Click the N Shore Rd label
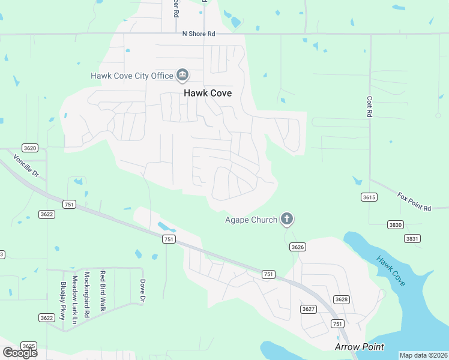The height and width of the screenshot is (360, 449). point(199,34)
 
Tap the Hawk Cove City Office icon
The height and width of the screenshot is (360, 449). point(182,76)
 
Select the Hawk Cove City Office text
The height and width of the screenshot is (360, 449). point(131,76)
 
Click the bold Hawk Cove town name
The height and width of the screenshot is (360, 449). point(208,93)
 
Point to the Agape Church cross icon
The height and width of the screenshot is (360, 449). point(287,220)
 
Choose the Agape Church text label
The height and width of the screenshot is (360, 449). point(251,220)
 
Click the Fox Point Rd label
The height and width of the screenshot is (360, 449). point(414,202)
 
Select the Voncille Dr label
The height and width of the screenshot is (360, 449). point(26,166)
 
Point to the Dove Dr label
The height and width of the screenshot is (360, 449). point(143,290)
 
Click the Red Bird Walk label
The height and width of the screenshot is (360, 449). point(103,290)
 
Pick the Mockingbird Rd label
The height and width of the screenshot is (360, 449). point(87,294)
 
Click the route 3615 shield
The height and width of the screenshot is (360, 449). point(369,197)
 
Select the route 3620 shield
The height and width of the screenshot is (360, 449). point(29,148)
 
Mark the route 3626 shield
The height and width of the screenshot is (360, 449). point(297,247)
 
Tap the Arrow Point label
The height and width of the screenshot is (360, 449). point(359,347)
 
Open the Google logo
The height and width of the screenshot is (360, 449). point(20,353)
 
